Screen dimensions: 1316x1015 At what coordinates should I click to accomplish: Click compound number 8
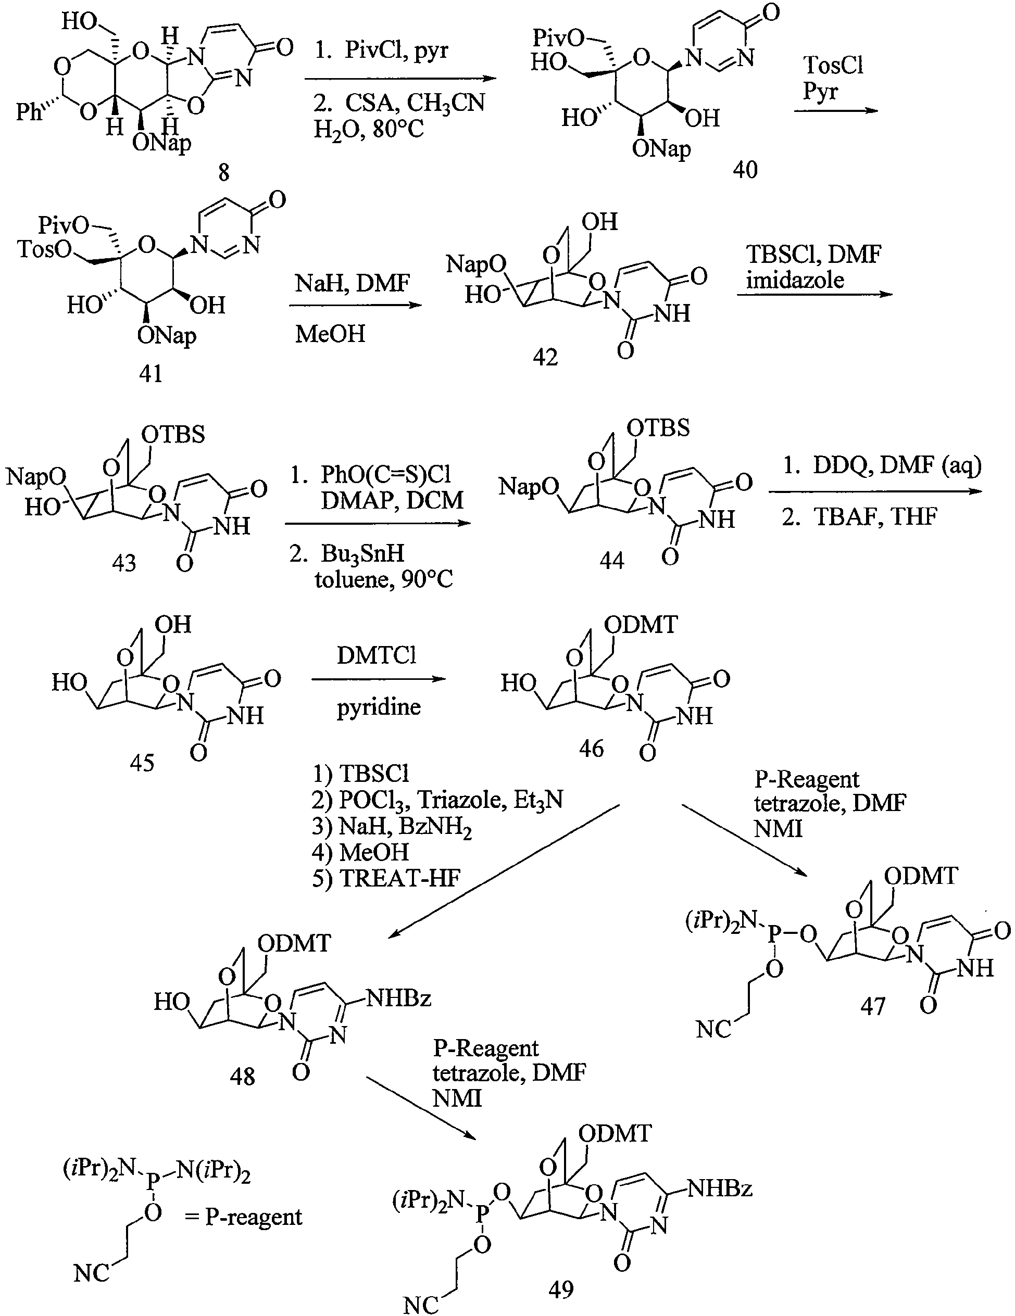tap(223, 173)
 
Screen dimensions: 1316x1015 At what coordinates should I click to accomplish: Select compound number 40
tap(745, 170)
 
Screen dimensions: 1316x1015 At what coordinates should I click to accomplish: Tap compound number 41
tap(151, 374)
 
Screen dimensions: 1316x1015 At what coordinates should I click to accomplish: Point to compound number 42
tap(545, 357)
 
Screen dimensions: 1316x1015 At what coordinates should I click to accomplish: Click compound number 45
tap(142, 762)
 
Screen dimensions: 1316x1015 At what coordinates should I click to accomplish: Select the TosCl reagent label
tap(834, 65)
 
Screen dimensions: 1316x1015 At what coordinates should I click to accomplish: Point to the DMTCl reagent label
tap(377, 655)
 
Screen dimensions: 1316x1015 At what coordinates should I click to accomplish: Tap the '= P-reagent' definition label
tap(244, 1217)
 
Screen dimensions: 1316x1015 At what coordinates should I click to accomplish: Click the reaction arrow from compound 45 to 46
tap(379, 679)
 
